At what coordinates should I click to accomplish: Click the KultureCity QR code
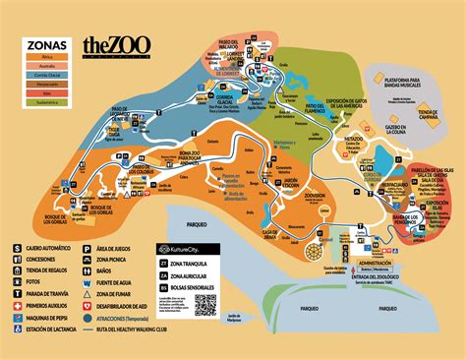pyautogui.click(x=204, y=305)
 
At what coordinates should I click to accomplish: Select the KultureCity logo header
pyautogui.click(x=184, y=252)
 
